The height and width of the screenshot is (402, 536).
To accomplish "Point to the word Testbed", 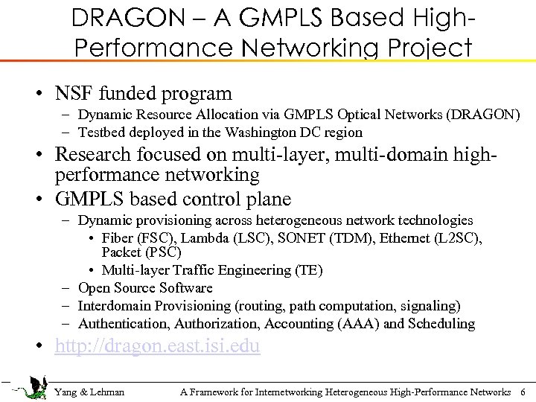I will click(x=102, y=133).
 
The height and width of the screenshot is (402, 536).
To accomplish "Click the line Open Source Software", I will click(x=145, y=288).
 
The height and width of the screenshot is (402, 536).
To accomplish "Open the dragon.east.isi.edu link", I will click(x=158, y=347).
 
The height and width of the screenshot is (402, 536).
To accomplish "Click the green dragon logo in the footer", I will click(x=33, y=388).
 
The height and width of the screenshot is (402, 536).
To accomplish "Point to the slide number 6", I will click(x=523, y=392).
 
